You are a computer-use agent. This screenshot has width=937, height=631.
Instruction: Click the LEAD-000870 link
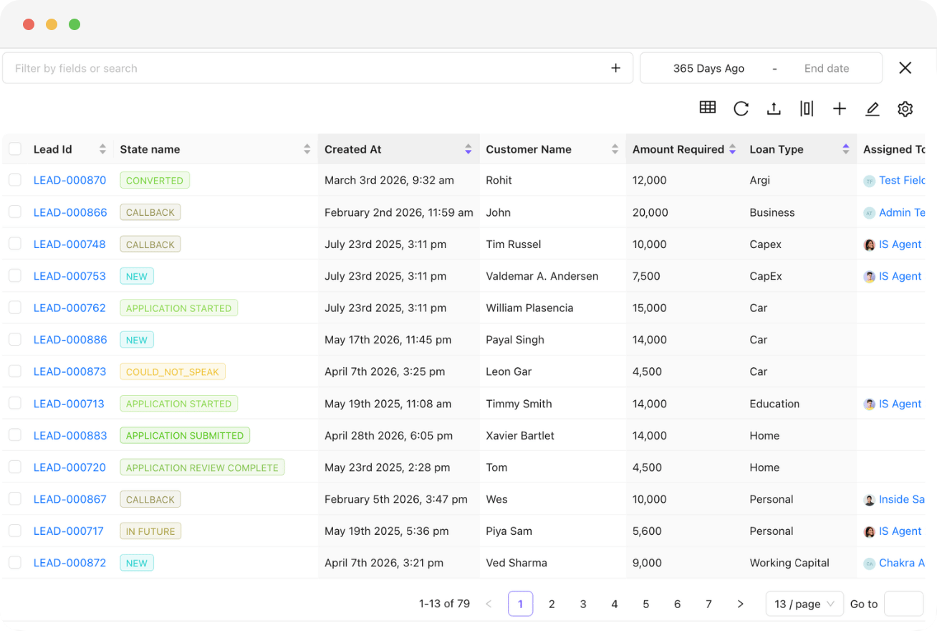[x=69, y=180]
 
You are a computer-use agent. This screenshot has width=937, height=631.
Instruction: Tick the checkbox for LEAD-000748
[x=15, y=244]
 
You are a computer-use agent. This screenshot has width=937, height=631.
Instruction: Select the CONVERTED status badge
[x=154, y=180]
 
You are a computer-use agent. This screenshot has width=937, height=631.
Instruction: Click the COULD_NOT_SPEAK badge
[x=173, y=371]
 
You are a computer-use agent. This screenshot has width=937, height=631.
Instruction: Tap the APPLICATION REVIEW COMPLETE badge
[x=202, y=468]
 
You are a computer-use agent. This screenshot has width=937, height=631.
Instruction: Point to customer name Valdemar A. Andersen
[x=542, y=276]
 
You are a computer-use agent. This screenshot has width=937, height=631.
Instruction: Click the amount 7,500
[x=646, y=276]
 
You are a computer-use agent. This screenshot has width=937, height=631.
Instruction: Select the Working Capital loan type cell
[x=789, y=563]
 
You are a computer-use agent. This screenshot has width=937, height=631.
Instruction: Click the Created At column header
[x=352, y=149]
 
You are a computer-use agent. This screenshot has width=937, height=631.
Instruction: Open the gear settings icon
[x=905, y=109]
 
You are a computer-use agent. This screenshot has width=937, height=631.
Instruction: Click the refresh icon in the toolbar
[x=741, y=109]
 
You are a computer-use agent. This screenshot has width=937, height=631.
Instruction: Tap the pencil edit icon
[x=872, y=109]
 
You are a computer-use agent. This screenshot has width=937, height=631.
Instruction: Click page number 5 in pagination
[x=645, y=604]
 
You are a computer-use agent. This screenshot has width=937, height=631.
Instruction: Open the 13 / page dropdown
[x=804, y=604]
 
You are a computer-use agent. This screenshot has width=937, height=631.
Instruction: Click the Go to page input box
[x=903, y=604]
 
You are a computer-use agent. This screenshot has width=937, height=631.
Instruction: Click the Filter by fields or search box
[x=317, y=68]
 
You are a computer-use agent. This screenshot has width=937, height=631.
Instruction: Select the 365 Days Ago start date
[x=708, y=68]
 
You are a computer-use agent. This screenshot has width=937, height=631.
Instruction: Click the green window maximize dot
[x=75, y=24]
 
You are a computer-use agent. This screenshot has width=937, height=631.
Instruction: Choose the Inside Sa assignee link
[x=901, y=499]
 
